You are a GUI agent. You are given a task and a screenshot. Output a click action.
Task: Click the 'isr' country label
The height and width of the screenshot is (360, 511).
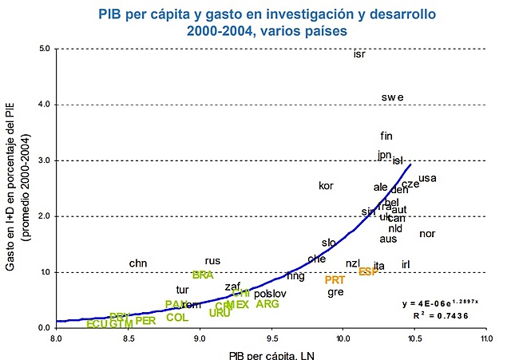pos(359,54)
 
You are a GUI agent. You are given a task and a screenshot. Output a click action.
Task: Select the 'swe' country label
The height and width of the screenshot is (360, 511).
pos(392,97)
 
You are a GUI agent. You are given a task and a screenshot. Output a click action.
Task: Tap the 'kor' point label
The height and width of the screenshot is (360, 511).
pos(326,186)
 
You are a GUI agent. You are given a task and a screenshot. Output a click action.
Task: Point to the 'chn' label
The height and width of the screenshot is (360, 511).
pos(138,263)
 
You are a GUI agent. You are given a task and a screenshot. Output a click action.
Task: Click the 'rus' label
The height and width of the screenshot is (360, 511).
pos(212,261)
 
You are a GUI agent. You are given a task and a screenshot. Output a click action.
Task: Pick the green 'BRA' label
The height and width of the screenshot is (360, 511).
pos(203,275)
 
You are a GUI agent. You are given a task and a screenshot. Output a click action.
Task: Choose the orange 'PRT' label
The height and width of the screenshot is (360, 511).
pos(335,280)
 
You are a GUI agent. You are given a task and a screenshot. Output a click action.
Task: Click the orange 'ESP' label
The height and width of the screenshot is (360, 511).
pos(368,271)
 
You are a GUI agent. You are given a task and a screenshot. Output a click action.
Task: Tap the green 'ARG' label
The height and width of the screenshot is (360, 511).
pos(267,304)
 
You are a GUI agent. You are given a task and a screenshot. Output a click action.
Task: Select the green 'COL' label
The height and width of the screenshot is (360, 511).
pos(176,317)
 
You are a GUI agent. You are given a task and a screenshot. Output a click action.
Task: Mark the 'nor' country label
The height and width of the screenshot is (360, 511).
pos(427,234)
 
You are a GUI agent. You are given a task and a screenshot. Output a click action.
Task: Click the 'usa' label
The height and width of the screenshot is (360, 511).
pos(427,178)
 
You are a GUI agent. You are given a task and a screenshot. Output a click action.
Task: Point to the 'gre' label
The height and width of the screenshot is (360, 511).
pos(335,292)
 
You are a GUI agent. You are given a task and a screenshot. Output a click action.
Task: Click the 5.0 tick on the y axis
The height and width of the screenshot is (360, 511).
pos(45,49)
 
